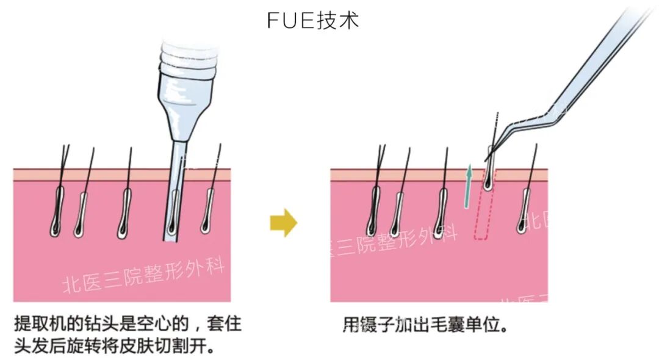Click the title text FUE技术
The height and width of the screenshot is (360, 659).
pyautogui.click(x=313, y=20)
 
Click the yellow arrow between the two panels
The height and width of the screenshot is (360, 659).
pyautogui.click(x=283, y=223)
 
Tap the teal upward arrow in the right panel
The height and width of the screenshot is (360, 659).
pyautogui.click(x=469, y=185)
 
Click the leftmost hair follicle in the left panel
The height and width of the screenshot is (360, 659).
pyautogui.click(x=57, y=211)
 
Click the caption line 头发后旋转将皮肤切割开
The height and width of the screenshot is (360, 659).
pyautogui.click(x=113, y=346)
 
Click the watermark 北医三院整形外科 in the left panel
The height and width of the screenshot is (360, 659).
pyautogui.click(x=144, y=275)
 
